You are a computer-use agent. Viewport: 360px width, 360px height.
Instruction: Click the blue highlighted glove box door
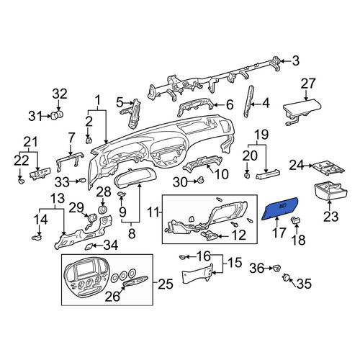pyautogui.click(x=279, y=208)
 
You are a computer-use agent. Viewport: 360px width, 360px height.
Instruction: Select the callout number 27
pyautogui.click(x=308, y=84)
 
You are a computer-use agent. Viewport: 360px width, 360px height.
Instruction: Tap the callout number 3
pyautogui.click(x=296, y=61)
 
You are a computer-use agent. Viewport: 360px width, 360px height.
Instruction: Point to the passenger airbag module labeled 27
pyautogui.click(x=302, y=112)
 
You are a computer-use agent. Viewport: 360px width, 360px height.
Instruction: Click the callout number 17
pyautogui.click(x=279, y=233)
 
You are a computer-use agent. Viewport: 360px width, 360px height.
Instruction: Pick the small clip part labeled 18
pyautogui.click(x=296, y=220)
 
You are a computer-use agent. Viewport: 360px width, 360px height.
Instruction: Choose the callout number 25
pyautogui.click(x=166, y=284)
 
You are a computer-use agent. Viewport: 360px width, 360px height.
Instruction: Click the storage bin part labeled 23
pyautogui.click(x=330, y=192)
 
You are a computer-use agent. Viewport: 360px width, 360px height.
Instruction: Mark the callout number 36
pyautogui.click(x=256, y=269)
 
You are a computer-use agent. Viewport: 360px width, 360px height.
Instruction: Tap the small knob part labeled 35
pyautogui.click(x=286, y=277)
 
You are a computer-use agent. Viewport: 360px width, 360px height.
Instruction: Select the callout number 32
pyautogui.click(x=60, y=94)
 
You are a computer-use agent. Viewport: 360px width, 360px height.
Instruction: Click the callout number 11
pyautogui.click(x=153, y=212)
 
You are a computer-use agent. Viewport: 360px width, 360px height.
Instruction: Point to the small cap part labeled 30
pyautogui.click(x=201, y=180)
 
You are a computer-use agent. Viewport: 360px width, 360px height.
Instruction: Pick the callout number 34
pyautogui.click(x=111, y=246)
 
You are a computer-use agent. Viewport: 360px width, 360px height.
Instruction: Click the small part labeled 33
pyautogui.click(x=82, y=180)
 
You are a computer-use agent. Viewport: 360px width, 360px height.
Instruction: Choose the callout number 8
pyautogui.click(x=132, y=233)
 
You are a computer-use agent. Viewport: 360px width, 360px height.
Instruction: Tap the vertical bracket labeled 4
pyautogui.click(x=248, y=102)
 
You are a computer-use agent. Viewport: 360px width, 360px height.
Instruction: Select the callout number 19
pyautogui.click(x=261, y=135)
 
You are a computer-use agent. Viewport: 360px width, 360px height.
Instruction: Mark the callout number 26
pyautogui.click(x=112, y=297)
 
